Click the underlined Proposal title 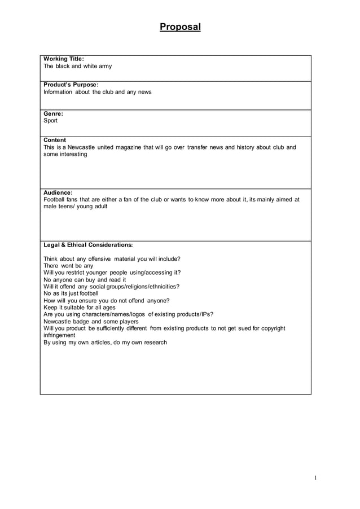tap(180, 27)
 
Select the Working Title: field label tap(64, 59)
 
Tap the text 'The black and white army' tap(78, 66)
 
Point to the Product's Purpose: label tap(71, 85)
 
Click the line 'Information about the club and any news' tap(98, 92)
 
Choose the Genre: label tap(53, 113)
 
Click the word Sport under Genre tap(51, 121)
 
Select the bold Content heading tap(55, 140)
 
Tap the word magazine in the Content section tap(128, 147)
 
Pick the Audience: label tap(58, 192)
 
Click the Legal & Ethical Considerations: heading tap(88, 245)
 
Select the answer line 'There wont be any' tap(68, 266)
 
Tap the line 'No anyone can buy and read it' tap(85, 279)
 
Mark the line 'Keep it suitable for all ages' tap(80, 308)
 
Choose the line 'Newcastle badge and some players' tap(91, 321)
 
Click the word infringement tap(59, 335)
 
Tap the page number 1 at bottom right tap(315, 478)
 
